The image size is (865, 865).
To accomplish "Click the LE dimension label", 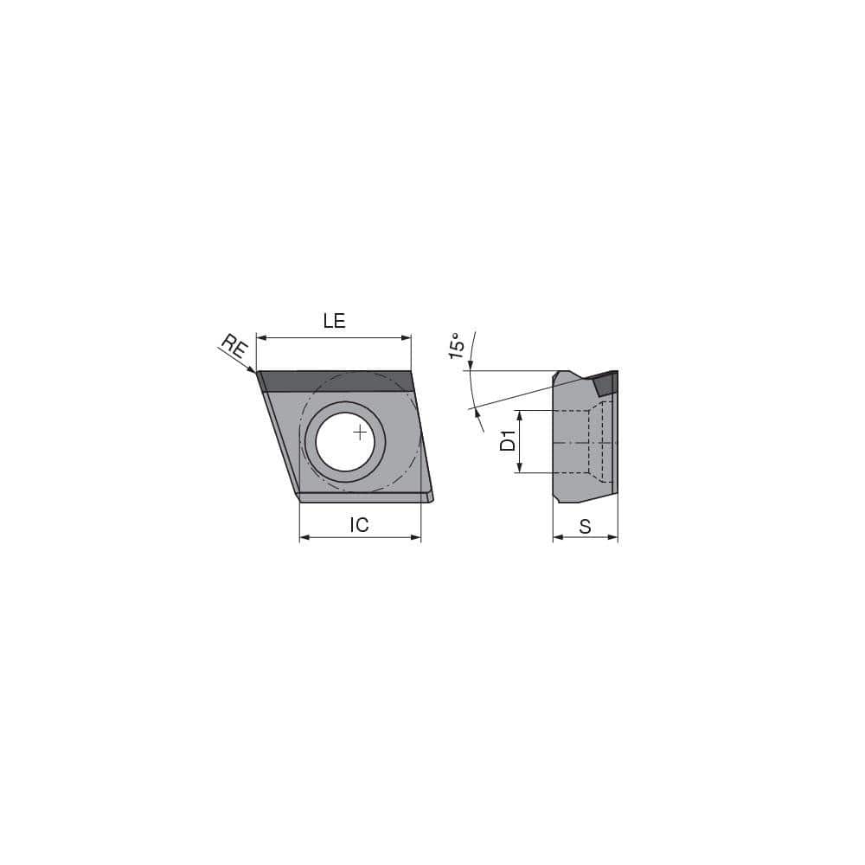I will pyautogui.click(x=334, y=321).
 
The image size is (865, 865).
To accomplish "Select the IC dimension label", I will pyautogui.click(x=359, y=524).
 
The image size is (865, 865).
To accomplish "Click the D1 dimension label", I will pyautogui.click(x=508, y=442).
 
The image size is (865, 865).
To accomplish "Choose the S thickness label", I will pyautogui.click(x=585, y=526).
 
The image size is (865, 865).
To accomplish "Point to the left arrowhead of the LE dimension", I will pyautogui.click(x=261, y=338).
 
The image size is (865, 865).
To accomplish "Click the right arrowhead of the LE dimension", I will pyautogui.click(x=407, y=338).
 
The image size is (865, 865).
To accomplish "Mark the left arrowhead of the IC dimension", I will pyautogui.click(x=304, y=538).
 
